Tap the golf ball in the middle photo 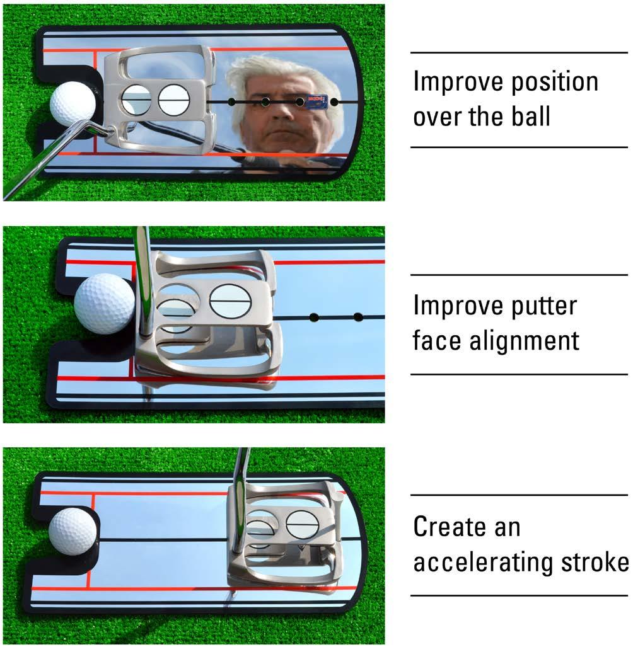(x=104, y=303)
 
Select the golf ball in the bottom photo (x=73, y=531)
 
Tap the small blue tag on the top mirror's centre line (x=316, y=101)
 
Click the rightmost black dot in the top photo (x=334, y=101)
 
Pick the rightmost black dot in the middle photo (x=358, y=316)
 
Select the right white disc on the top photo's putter (x=174, y=100)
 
